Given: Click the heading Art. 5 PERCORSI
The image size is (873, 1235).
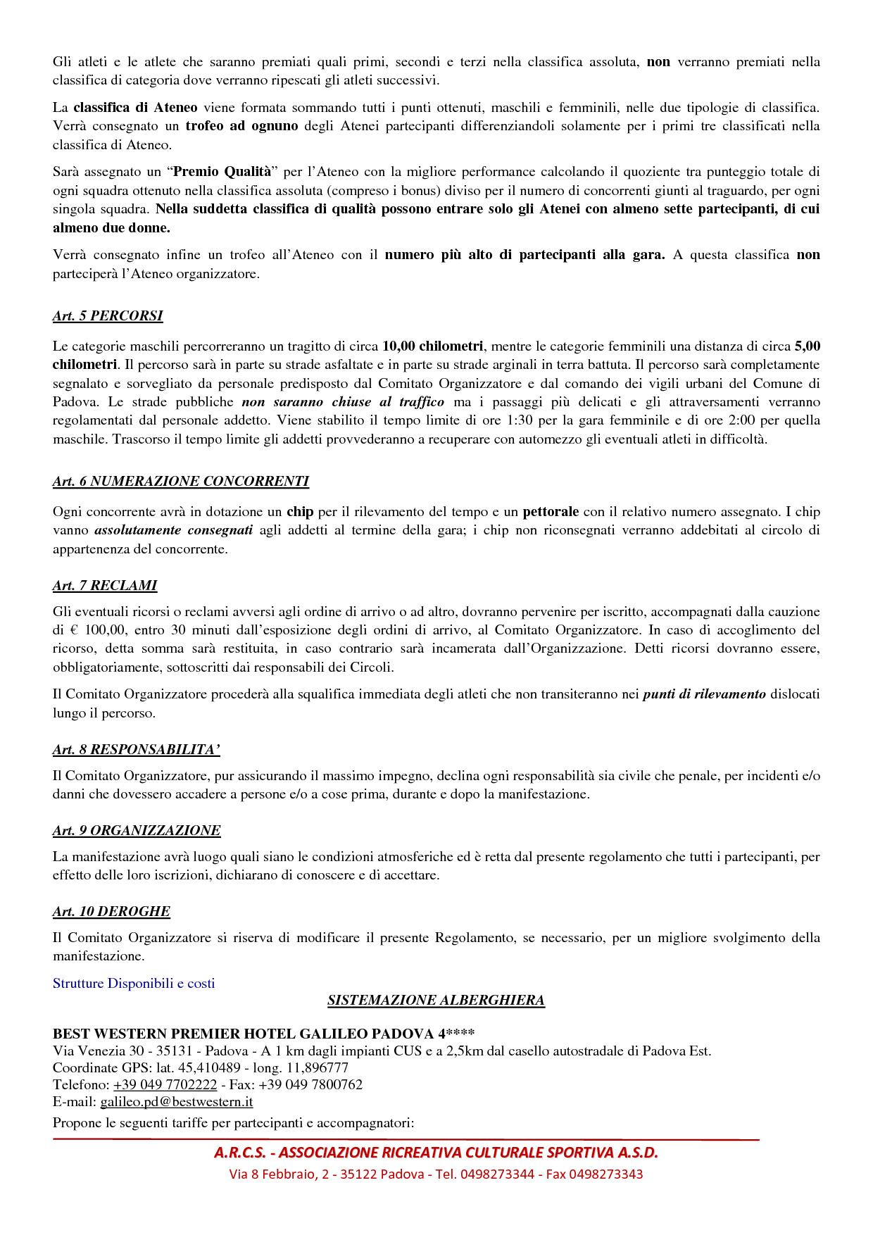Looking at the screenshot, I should pyautogui.click(x=108, y=316).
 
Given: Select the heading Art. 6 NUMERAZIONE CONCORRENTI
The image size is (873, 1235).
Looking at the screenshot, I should pyautogui.click(x=180, y=482).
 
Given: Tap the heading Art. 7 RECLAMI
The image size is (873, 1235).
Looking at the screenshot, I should pyautogui.click(x=105, y=586).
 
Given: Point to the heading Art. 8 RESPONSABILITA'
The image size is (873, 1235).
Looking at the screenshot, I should pyautogui.click(x=137, y=749).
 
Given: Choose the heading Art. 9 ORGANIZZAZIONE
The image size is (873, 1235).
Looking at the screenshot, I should pyautogui.click(x=137, y=831).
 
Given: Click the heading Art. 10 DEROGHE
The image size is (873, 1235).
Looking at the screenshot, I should pyautogui.click(x=111, y=912).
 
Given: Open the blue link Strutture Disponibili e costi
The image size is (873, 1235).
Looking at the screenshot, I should pyautogui.click(x=134, y=984).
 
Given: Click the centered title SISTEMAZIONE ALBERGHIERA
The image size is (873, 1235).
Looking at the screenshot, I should pyautogui.click(x=436, y=1001).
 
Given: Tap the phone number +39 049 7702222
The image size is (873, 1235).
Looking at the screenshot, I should pyautogui.click(x=165, y=1085).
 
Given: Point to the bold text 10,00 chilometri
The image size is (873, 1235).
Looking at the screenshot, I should pyautogui.click(x=432, y=346).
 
